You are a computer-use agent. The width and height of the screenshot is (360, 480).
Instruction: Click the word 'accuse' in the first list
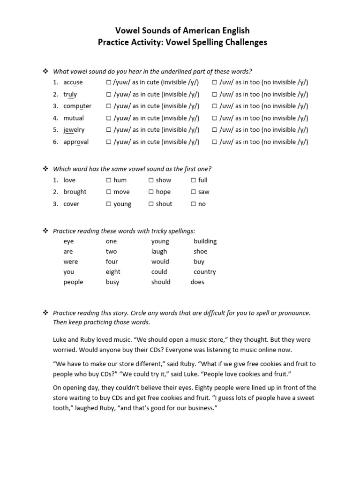click(73, 82)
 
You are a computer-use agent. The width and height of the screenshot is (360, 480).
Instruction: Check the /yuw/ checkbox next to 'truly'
click(109, 95)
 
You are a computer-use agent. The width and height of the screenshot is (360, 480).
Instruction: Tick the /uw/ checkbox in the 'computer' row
click(214, 106)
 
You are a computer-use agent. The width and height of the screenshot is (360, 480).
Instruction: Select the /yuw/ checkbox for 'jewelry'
click(109, 130)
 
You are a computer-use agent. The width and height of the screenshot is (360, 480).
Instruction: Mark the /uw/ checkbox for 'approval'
click(214, 142)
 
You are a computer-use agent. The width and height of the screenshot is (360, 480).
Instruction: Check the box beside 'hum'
click(109, 180)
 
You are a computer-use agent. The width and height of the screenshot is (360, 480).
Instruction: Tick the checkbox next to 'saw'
click(194, 192)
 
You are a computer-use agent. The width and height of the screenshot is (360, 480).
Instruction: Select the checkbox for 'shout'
click(151, 204)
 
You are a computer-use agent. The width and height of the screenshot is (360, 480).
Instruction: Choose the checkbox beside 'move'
click(109, 192)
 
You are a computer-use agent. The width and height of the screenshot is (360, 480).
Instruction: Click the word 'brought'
click(75, 192)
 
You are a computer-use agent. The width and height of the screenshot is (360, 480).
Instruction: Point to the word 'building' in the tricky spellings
click(205, 241)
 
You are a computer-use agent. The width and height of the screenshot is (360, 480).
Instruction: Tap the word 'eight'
click(113, 272)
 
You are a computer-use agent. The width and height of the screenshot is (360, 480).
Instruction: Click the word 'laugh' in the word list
click(159, 252)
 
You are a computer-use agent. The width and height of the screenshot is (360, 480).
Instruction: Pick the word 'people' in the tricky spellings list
click(73, 282)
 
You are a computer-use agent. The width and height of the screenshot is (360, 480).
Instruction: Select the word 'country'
click(204, 272)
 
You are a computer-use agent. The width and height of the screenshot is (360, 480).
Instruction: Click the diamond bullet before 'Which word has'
click(45, 168)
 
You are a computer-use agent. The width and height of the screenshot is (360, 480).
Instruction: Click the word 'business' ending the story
click(200, 408)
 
